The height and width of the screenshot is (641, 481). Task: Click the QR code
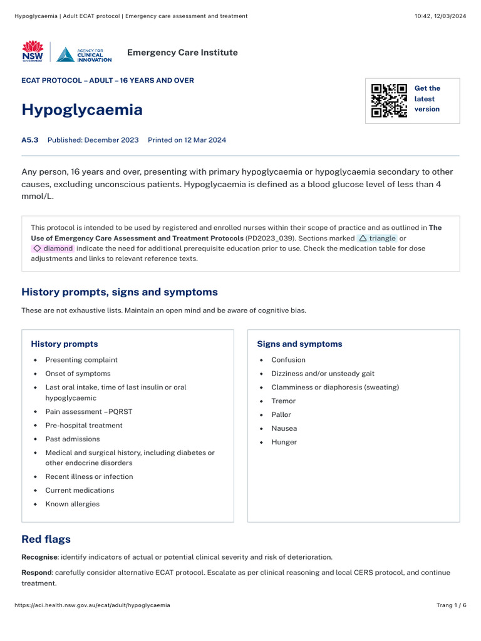(x=389, y=101)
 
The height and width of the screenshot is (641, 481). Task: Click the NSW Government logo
(x=33, y=52)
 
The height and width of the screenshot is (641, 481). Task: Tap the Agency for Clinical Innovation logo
(x=84, y=54)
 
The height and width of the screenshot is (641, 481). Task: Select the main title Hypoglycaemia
(x=82, y=110)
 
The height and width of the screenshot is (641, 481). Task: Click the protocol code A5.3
(x=30, y=140)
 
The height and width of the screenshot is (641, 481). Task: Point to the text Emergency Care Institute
(x=182, y=53)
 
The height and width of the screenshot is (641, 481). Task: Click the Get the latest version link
(x=427, y=99)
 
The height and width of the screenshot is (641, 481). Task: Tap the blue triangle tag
(x=377, y=238)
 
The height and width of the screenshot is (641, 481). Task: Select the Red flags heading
(x=46, y=539)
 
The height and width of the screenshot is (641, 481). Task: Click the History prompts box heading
(x=65, y=344)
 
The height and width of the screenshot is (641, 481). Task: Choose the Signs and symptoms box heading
(x=299, y=344)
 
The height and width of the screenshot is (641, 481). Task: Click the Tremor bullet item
(x=283, y=401)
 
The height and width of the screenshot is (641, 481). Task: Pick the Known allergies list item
(x=72, y=504)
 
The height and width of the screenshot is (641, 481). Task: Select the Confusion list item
(x=288, y=360)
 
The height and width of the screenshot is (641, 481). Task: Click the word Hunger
(x=284, y=443)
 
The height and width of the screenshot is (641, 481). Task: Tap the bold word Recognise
(x=39, y=557)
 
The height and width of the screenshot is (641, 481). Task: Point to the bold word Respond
(x=36, y=573)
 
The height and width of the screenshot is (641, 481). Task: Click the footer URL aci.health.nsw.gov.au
(x=92, y=605)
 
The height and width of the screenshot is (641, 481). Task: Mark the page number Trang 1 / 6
(x=451, y=605)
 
